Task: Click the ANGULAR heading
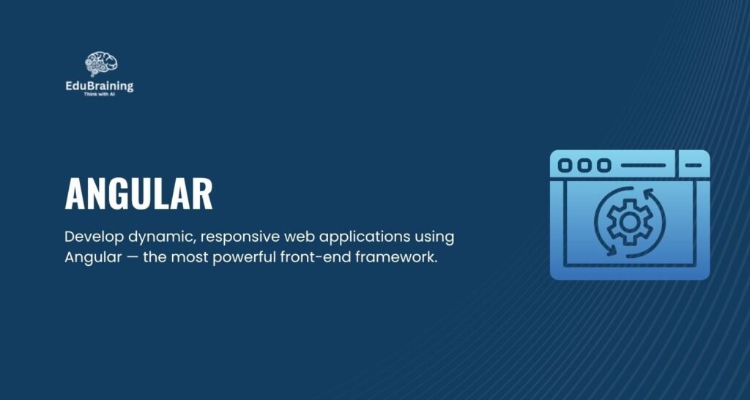click(x=138, y=194)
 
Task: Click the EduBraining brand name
click(x=100, y=86)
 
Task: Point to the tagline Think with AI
click(x=100, y=95)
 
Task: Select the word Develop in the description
click(x=94, y=237)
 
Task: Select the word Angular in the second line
click(x=93, y=258)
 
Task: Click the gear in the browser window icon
click(x=629, y=222)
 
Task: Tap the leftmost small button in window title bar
click(x=565, y=166)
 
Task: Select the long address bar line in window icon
click(x=643, y=166)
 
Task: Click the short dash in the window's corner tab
click(x=693, y=166)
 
